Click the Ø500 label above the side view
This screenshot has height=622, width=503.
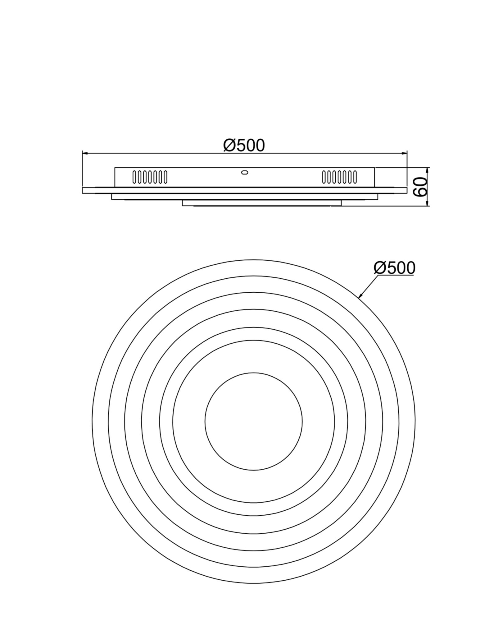pos(244,146)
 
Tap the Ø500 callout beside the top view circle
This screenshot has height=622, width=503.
pos(394,268)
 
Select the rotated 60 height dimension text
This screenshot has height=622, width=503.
pos(420,187)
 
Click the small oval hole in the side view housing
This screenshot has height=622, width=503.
pos(245,172)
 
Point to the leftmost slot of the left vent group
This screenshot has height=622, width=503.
pos(134,177)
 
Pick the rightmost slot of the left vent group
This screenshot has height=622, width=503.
pos(165,177)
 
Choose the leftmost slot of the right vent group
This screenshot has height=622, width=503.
pos(324,177)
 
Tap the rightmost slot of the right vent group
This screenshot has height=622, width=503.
pos(355,177)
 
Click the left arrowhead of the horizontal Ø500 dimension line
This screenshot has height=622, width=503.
pos(85,153)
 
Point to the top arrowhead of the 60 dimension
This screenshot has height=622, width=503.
pos(428,170)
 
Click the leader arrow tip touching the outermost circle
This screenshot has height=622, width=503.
pos(359,297)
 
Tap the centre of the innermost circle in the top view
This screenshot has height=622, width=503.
pos(253,421)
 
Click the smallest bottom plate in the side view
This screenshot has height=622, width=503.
pos(261,203)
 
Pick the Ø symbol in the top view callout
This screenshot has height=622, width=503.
pos(379,268)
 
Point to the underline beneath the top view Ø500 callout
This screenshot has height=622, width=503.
pos(396,276)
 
